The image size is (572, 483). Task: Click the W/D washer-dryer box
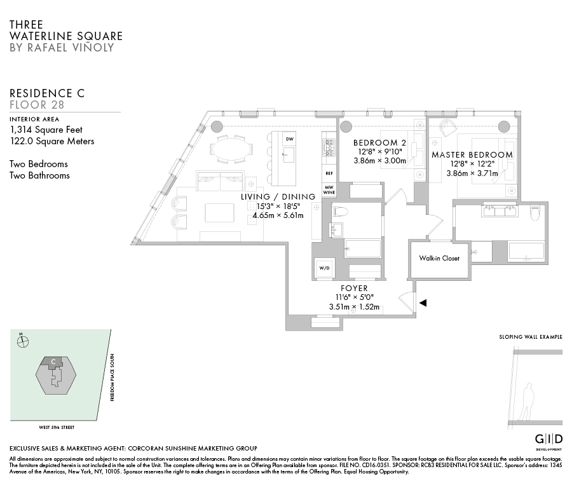pyautogui.click(x=323, y=268)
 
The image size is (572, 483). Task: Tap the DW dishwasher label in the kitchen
pyautogui.click(x=289, y=139)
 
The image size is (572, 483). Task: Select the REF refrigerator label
pyautogui.click(x=329, y=173)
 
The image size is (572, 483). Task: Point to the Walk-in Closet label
pyautogui.click(x=439, y=258)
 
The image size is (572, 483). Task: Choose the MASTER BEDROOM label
pyautogui.click(x=472, y=154)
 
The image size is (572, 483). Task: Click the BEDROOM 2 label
pyautogui.click(x=379, y=142)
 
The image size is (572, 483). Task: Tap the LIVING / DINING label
pyautogui.click(x=278, y=197)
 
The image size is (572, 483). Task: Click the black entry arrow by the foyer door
pyautogui.click(x=422, y=304)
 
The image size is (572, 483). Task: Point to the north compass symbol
pyautogui.click(x=24, y=341)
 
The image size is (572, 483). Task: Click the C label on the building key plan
pyautogui.click(x=54, y=362)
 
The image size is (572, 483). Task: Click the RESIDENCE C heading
pyautogui.click(x=47, y=93)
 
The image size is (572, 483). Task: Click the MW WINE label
pyautogui.click(x=329, y=189)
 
